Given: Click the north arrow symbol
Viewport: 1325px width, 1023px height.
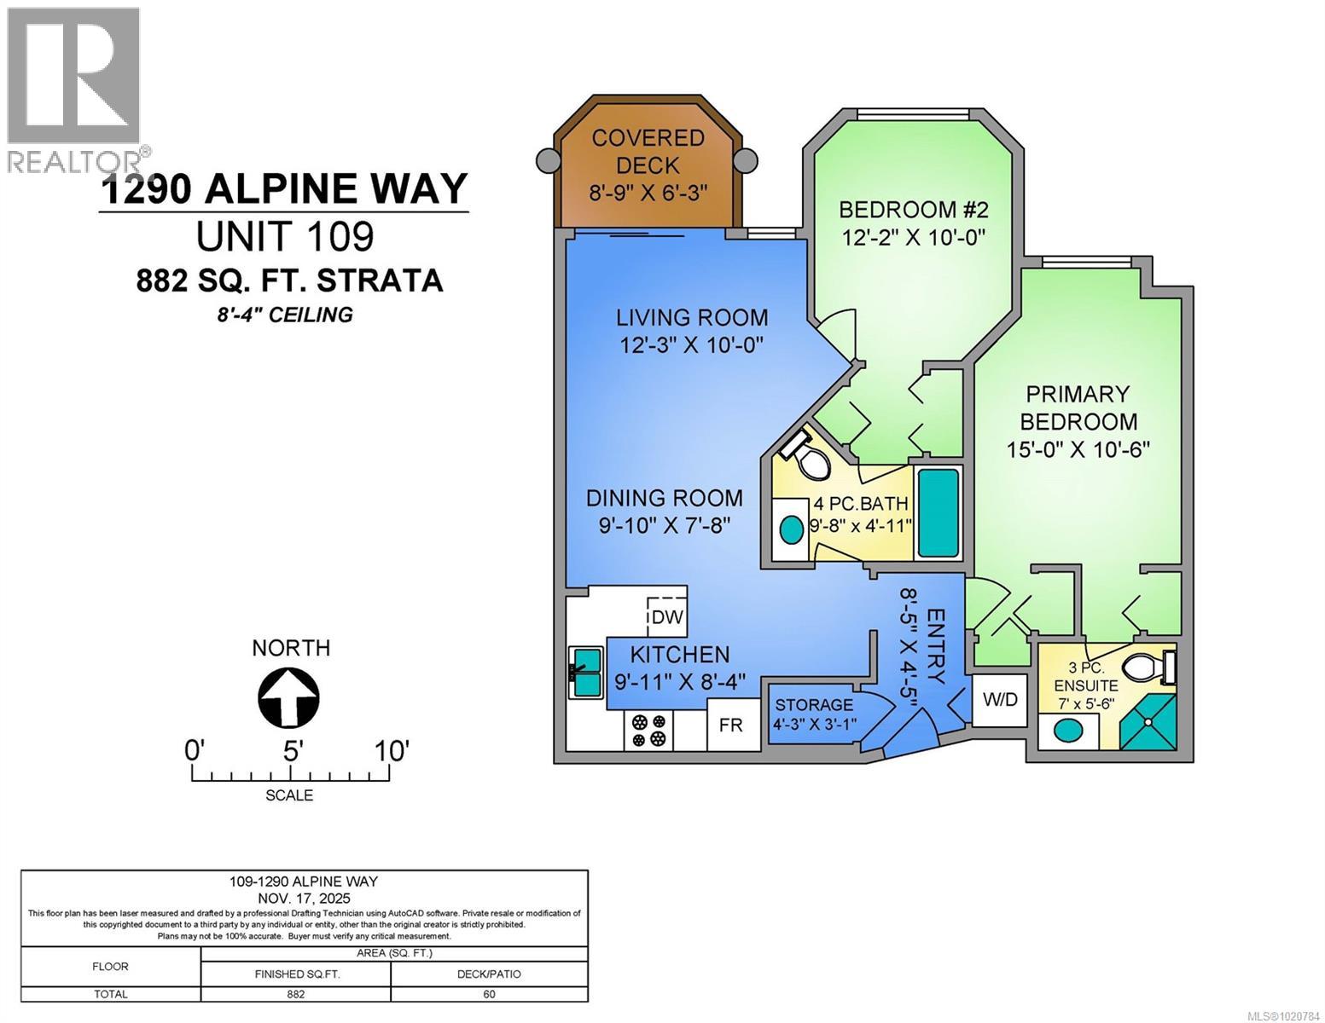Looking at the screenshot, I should click(x=288, y=697).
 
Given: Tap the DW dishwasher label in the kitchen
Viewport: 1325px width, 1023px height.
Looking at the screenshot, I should click(x=667, y=616).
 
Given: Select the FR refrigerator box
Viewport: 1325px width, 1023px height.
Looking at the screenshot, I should click(x=730, y=725).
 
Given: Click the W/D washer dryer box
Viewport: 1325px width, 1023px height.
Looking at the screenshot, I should click(x=1000, y=700).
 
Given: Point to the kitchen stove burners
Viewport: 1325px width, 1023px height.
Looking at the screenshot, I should click(x=648, y=730).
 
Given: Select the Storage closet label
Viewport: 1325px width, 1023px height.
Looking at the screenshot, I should click(x=814, y=705).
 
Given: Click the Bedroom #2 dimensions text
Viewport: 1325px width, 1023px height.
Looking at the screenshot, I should click(x=914, y=237).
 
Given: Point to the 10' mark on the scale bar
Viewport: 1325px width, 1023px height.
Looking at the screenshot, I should click(x=390, y=752).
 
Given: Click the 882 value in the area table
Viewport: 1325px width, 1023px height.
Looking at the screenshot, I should click(x=295, y=994).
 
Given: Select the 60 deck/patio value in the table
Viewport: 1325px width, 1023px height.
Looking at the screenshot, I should click(x=489, y=994).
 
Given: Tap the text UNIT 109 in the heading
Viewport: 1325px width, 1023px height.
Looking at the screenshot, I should click(x=285, y=236).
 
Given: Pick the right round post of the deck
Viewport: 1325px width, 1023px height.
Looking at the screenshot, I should click(x=745, y=159).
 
